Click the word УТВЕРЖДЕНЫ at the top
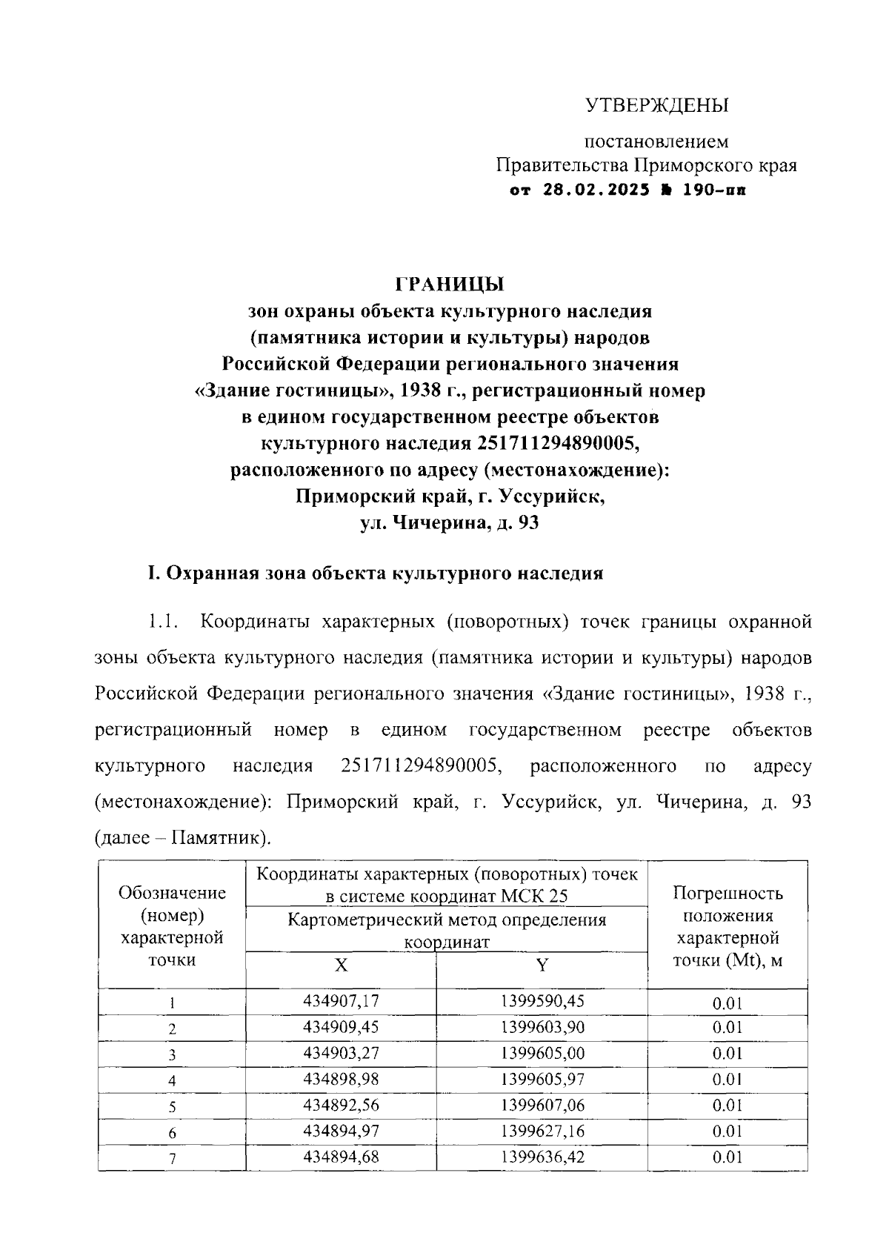[658, 106]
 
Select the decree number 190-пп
[714, 190]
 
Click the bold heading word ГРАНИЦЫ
[450, 285]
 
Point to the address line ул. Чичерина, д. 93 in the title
[450, 523]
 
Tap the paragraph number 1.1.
[162, 621]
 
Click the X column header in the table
[341, 965]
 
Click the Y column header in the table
[542, 965]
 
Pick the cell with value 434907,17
[341, 1001]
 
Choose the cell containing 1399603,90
[542, 1027]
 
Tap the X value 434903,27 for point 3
[341, 1053]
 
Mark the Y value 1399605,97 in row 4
[542, 1079]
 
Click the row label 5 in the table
[172, 1106]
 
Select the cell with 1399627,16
[542, 1131]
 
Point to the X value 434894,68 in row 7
[341, 1157]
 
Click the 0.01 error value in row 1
[727, 1003]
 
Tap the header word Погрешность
[727, 894]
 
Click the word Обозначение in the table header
[172, 894]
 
